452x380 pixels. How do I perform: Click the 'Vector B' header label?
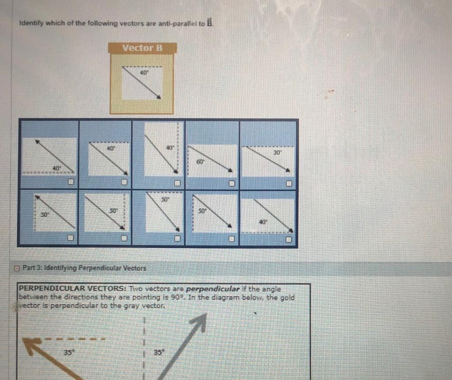143,48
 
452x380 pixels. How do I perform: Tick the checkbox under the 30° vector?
289,183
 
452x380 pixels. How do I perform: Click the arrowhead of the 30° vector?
288,170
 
